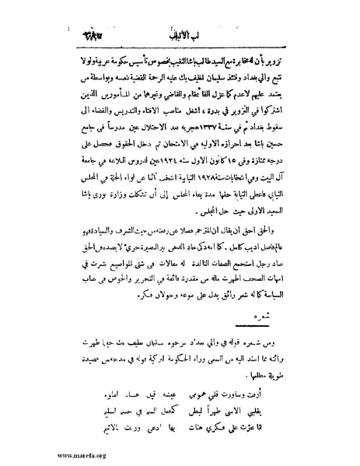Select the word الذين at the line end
click(x=86, y=109)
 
